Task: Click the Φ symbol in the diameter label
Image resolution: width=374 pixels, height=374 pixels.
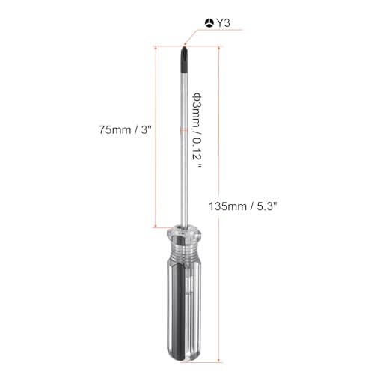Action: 197,97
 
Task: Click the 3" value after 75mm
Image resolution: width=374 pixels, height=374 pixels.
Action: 147,129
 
